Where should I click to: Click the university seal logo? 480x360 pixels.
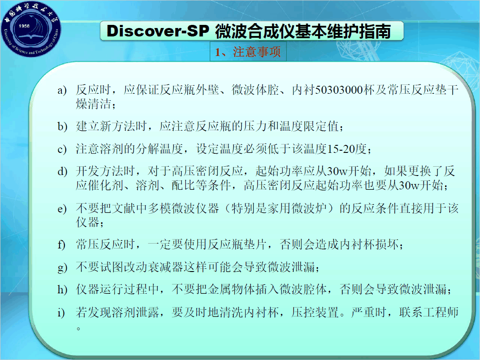(31, 29)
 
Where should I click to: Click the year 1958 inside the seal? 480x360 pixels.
(24, 26)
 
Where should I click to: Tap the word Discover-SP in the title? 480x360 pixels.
(158, 31)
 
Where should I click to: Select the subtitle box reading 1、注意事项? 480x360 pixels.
(248, 52)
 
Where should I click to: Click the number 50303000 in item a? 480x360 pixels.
(339, 90)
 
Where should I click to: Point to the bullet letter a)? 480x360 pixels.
(62, 90)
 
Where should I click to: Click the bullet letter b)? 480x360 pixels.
(62, 126)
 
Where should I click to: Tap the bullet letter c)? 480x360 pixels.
(62, 149)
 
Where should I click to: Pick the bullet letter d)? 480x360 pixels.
(62, 171)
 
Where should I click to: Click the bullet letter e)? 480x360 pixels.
(62, 209)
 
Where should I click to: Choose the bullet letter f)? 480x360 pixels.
(61, 244)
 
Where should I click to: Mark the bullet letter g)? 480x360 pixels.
(62, 268)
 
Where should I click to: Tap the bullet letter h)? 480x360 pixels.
(62, 289)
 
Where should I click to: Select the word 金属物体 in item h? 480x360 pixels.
(232, 289)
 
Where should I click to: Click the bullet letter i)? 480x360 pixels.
(61, 312)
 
